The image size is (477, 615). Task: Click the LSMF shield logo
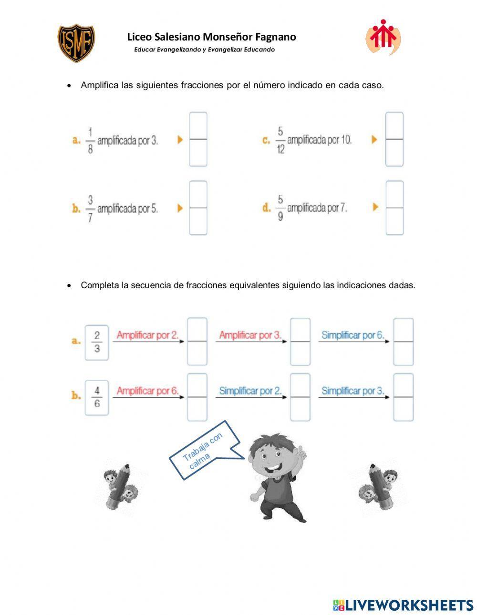[76, 43]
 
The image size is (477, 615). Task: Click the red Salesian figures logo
[383, 37]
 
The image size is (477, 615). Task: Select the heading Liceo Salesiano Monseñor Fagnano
[211, 37]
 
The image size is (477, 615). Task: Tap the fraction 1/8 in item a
[90, 141]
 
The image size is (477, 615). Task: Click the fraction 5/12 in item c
[280, 140]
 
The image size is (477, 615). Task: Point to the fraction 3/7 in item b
[90, 209]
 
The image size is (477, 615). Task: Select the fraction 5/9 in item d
[280, 208]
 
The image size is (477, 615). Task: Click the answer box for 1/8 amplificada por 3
[198, 139]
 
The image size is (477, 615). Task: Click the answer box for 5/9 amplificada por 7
[394, 208]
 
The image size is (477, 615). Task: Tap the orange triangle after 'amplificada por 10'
[374, 140]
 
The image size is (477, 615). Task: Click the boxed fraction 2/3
[97, 342]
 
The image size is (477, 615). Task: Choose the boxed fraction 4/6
[97, 397]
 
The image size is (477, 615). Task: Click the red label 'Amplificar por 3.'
[250, 335]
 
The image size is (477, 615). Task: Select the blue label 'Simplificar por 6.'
[353, 335]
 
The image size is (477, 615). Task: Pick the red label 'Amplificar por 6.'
[147, 391]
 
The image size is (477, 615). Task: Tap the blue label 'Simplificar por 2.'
[250, 391]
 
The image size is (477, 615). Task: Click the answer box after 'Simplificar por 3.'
[403, 397]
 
